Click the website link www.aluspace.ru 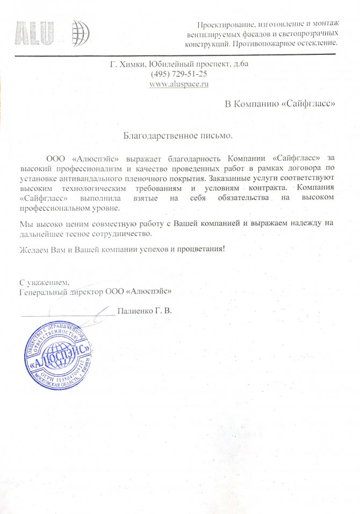pos(179,84)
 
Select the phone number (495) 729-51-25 pos(179,74)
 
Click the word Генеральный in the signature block pos(41,291)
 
